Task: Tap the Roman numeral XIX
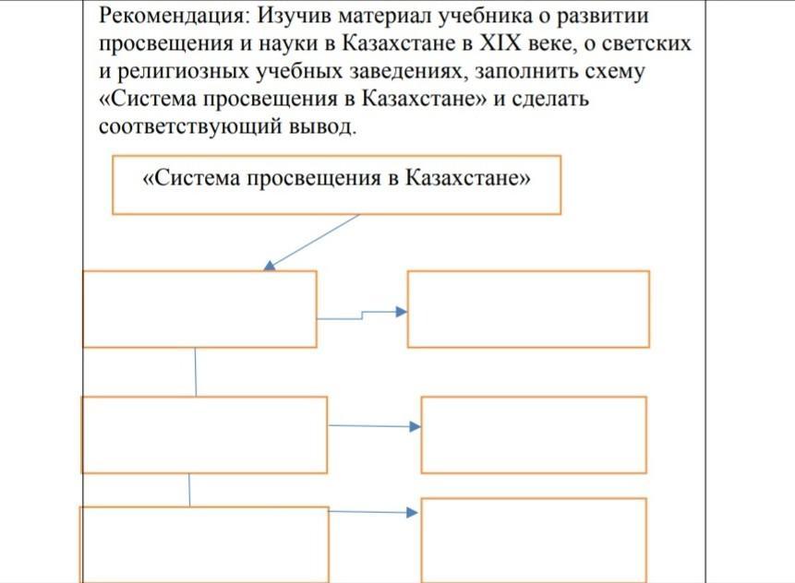tap(500, 43)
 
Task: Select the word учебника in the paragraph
tap(485, 17)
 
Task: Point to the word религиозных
tap(183, 71)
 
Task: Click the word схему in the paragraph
tap(615, 72)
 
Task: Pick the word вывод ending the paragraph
tap(322, 125)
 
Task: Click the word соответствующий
tap(190, 125)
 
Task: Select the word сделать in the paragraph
tap(549, 99)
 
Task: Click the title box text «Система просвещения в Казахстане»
tap(337, 178)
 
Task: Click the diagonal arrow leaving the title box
tap(312, 242)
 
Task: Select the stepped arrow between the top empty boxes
tap(362, 315)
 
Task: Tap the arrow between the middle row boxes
tap(374, 426)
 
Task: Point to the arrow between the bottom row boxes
tap(373, 512)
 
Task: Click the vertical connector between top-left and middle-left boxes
tap(195, 372)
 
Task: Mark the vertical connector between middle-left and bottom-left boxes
tap(189, 490)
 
